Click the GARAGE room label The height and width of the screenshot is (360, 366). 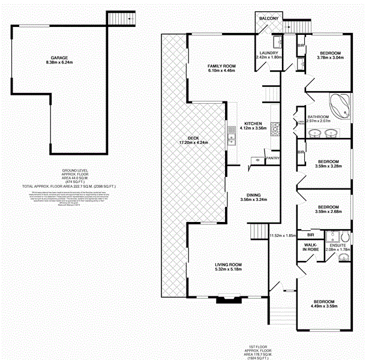[x=59, y=58]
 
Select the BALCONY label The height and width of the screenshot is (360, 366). [x=269, y=19]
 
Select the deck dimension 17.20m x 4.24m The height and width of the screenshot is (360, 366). [x=193, y=143]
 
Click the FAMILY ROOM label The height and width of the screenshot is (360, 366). [x=221, y=65]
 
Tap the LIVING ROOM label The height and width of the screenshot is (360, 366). [x=228, y=264]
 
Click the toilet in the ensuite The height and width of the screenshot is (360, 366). [x=343, y=258]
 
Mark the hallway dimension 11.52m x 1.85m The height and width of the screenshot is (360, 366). [x=283, y=236]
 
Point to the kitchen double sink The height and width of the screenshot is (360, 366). [x=231, y=137]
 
